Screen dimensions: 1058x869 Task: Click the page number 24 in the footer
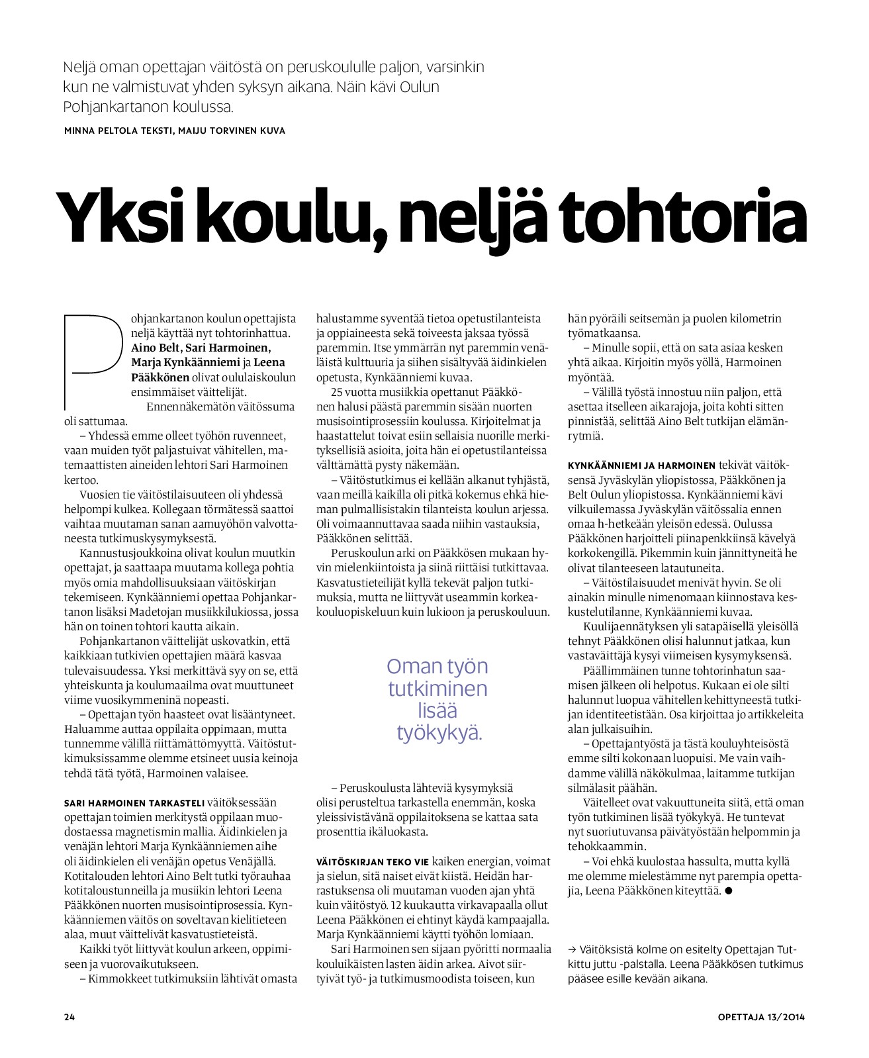coord(69,1017)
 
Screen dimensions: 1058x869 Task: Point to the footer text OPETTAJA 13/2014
coord(761,1017)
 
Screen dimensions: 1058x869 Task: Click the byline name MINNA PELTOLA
coord(103,130)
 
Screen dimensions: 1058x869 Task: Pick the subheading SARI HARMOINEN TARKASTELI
coord(134,802)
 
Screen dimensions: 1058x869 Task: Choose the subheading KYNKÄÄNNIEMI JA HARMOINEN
coord(641,465)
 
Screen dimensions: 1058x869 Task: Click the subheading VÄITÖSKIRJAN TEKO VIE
coord(373,861)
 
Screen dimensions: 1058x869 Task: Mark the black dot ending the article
coord(728,891)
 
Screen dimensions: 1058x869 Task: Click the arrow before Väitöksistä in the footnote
coord(572,949)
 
